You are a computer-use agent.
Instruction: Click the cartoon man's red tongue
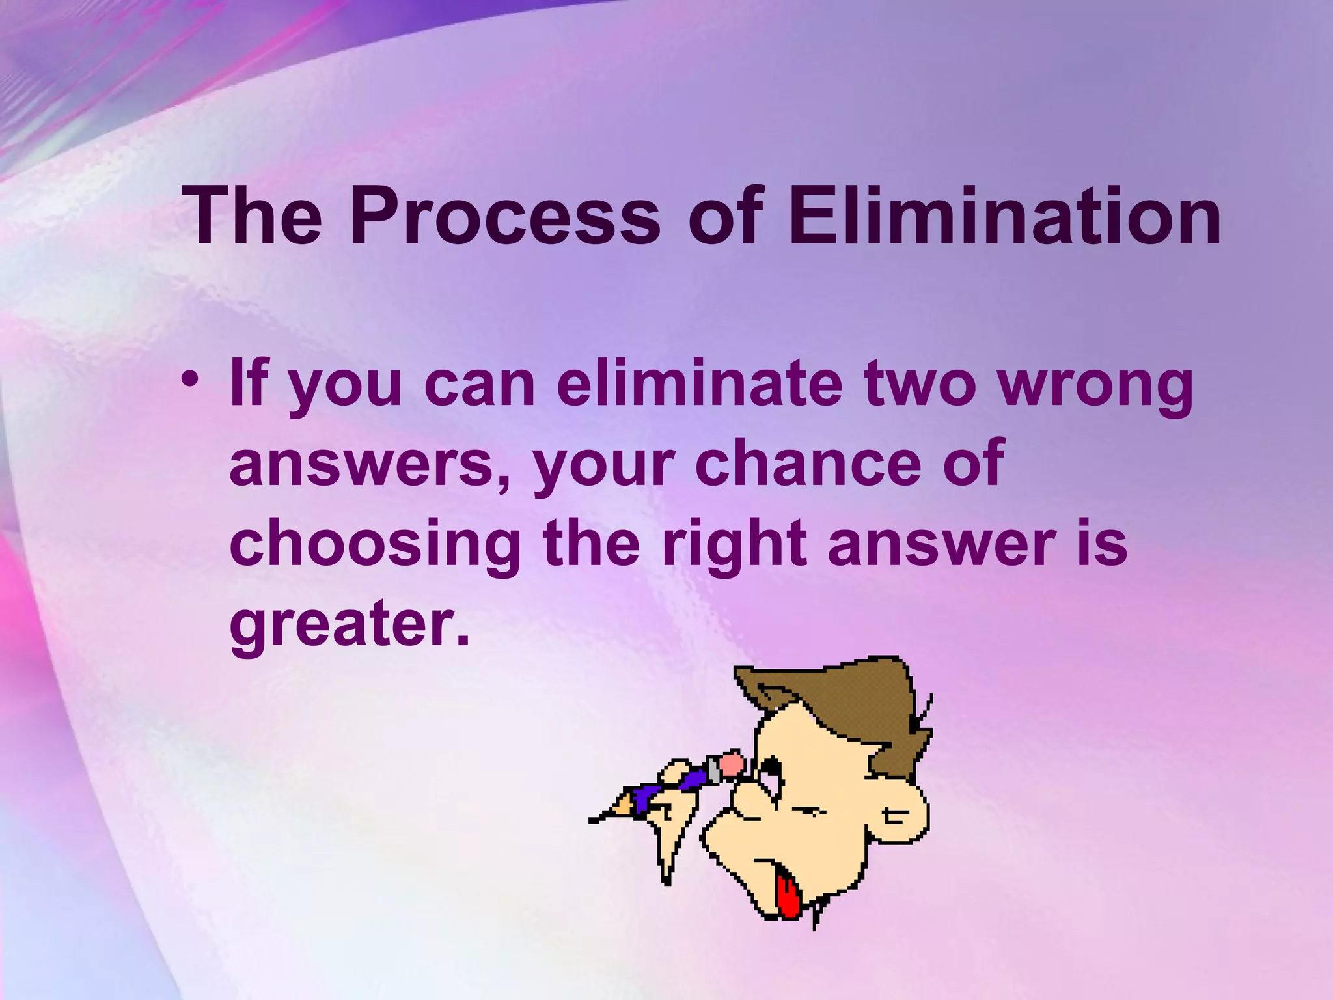click(x=790, y=897)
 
